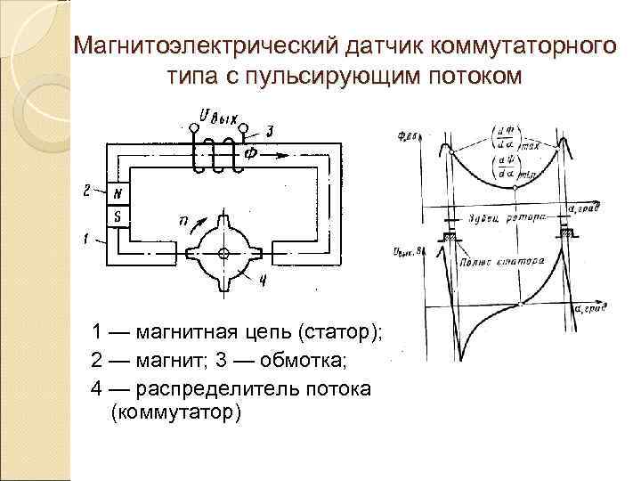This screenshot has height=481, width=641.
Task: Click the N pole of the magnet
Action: click(x=118, y=194)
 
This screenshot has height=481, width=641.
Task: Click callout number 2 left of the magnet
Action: click(x=86, y=190)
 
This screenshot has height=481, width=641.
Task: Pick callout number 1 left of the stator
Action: click(x=86, y=239)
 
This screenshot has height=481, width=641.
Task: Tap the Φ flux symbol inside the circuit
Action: click(x=252, y=153)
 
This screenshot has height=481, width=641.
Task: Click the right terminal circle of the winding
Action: click(x=243, y=128)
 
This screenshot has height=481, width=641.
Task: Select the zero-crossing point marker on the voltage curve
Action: click(x=520, y=305)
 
